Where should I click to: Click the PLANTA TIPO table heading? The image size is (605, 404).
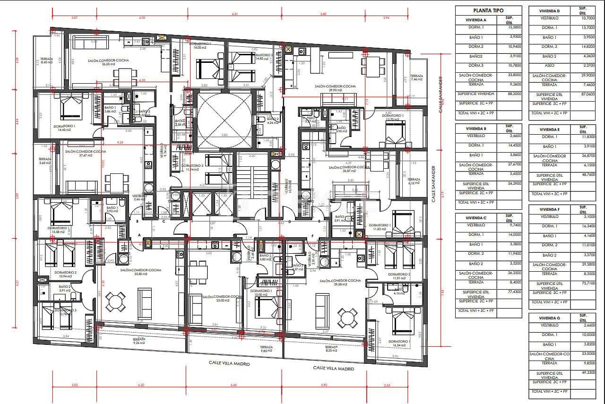pos(488,10)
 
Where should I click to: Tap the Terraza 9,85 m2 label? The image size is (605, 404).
pos(266,349)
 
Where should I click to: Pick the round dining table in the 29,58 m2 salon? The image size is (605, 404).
pos(348,316)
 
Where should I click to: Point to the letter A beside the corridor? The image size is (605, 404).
pos(140,235)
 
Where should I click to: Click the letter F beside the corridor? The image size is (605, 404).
pos(312,235)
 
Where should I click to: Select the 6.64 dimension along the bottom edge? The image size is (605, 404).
pos(234,385)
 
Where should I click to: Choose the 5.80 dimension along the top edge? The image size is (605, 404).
pos(323,14)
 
